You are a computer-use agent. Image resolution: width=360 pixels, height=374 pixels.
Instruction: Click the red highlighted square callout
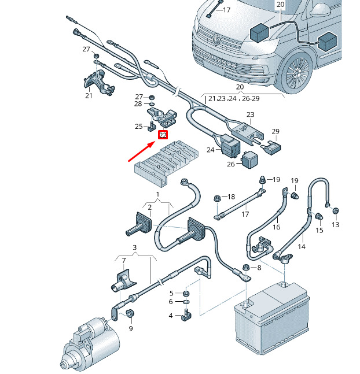[x=163, y=135]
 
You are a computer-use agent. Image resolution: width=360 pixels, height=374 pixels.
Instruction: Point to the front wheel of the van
[x=299, y=74]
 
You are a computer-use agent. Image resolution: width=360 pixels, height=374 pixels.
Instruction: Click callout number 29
[x=275, y=132]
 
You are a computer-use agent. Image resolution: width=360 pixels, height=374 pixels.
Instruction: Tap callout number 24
[x=211, y=150]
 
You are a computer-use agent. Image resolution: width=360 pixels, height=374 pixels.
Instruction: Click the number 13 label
[x=336, y=224]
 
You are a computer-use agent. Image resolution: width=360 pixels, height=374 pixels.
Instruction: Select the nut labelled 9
[x=130, y=314]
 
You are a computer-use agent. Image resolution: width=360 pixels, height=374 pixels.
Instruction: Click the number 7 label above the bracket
[x=123, y=261]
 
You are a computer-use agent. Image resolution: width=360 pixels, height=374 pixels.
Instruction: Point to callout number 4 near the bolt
[x=171, y=316]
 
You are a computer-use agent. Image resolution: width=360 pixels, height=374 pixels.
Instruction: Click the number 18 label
[x=232, y=197]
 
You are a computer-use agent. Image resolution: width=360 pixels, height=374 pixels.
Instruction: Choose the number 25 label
[x=138, y=127]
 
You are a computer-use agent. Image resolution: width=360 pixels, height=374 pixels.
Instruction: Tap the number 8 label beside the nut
[x=259, y=268]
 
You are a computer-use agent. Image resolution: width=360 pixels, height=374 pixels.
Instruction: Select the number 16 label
[x=276, y=228]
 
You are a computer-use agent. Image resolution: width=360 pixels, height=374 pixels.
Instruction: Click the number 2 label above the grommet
[x=149, y=207]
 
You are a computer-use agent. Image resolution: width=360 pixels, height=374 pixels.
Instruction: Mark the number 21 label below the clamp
[x=89, y=95]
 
